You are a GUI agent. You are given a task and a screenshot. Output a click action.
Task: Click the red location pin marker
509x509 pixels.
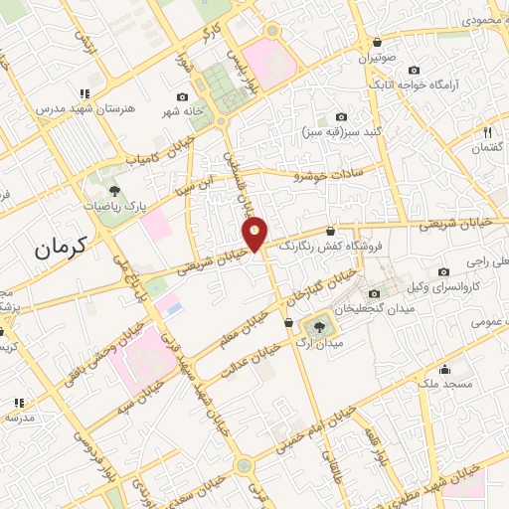pyautogui.click(x=255, y=233)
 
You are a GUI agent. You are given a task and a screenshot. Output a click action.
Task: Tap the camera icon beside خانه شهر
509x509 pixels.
pyautogui.click(x=182, y=96)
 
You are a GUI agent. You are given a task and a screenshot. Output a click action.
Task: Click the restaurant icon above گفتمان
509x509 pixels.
pyautogui.click(x=487, y=131)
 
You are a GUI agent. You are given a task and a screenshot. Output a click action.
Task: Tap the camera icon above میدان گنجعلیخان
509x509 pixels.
pyautogui.click(x=373, y=293)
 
